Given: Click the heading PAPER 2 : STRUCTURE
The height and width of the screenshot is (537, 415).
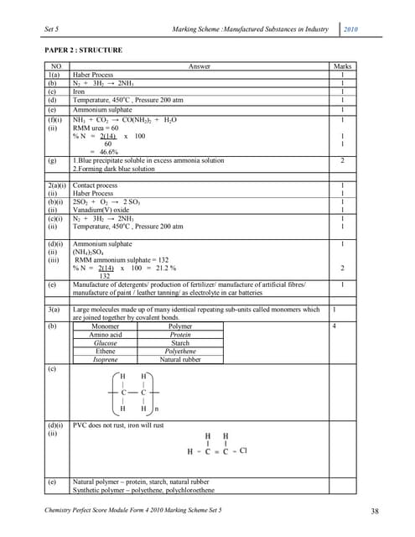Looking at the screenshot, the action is click(x=84, y=50).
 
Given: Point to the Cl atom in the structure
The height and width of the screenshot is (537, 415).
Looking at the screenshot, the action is click(x=243, y=451).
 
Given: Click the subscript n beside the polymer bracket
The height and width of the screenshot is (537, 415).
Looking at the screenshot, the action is click(x=156, y=409).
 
